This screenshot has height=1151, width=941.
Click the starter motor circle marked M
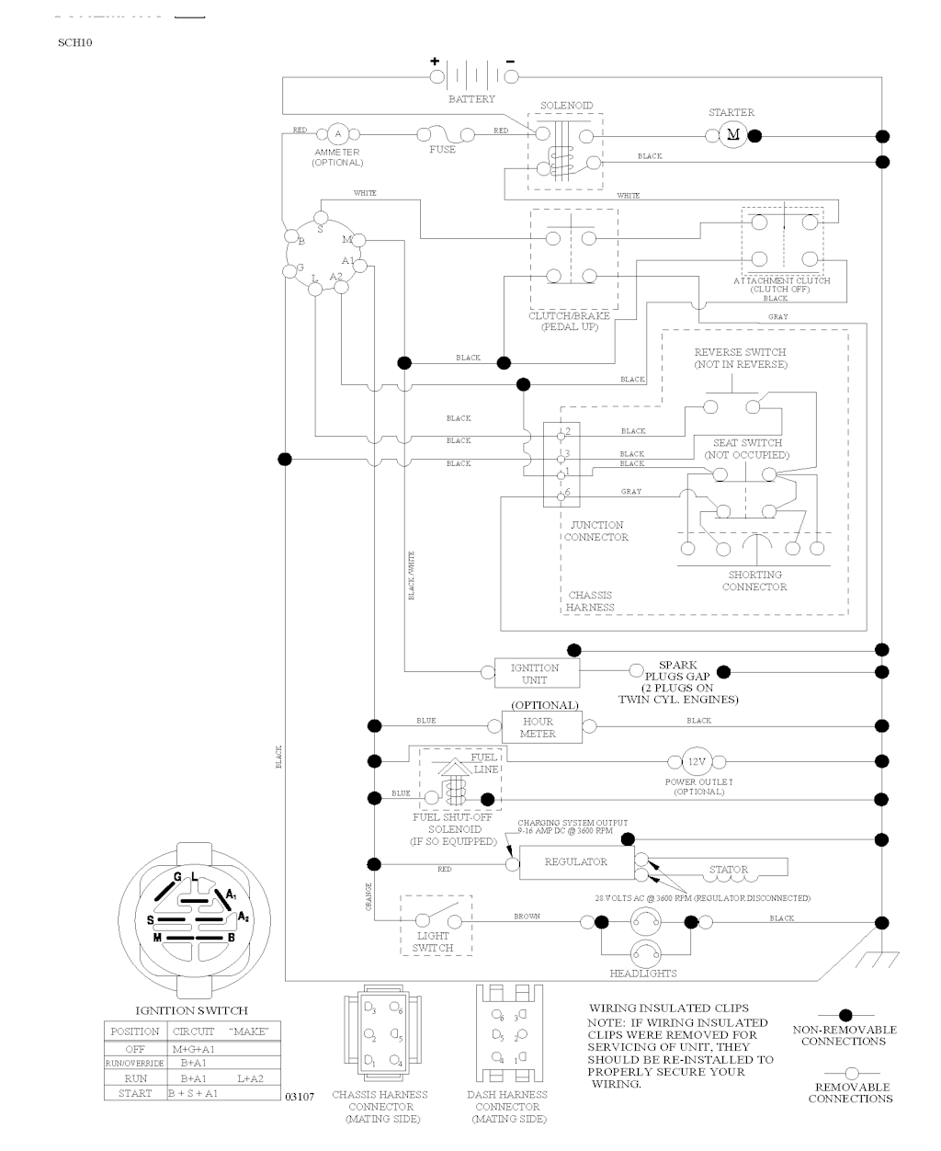[x=733, y=135]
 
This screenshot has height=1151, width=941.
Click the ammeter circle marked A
[x=336, y=134]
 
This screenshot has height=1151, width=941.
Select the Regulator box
[x=576, y=863]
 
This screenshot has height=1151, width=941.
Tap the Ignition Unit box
[x=535, y=674]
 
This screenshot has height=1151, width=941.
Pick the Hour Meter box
[x=542, y=727]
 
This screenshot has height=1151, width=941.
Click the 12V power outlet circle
[x=697, y=761]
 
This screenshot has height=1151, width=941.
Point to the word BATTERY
[x=471, y=99]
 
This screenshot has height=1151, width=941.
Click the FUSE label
[x=442, y=150]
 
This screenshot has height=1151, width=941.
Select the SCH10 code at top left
[x=75, y=42]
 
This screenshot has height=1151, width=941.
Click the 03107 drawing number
[x=300, y=1097]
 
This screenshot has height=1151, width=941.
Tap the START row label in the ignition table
[x=134, y=1093]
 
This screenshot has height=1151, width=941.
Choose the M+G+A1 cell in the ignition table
[x=193, y=1048]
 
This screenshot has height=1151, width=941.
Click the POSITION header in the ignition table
[x=135, y=1031]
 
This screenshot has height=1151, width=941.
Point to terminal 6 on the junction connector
[x=567, y=494]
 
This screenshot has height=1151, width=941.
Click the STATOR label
[x=729, y=869]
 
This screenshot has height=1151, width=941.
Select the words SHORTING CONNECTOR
[x=754, y=581]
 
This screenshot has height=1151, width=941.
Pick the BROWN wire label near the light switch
[x=527, y=917]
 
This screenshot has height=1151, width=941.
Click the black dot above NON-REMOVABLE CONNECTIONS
[x=844, y=1016]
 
